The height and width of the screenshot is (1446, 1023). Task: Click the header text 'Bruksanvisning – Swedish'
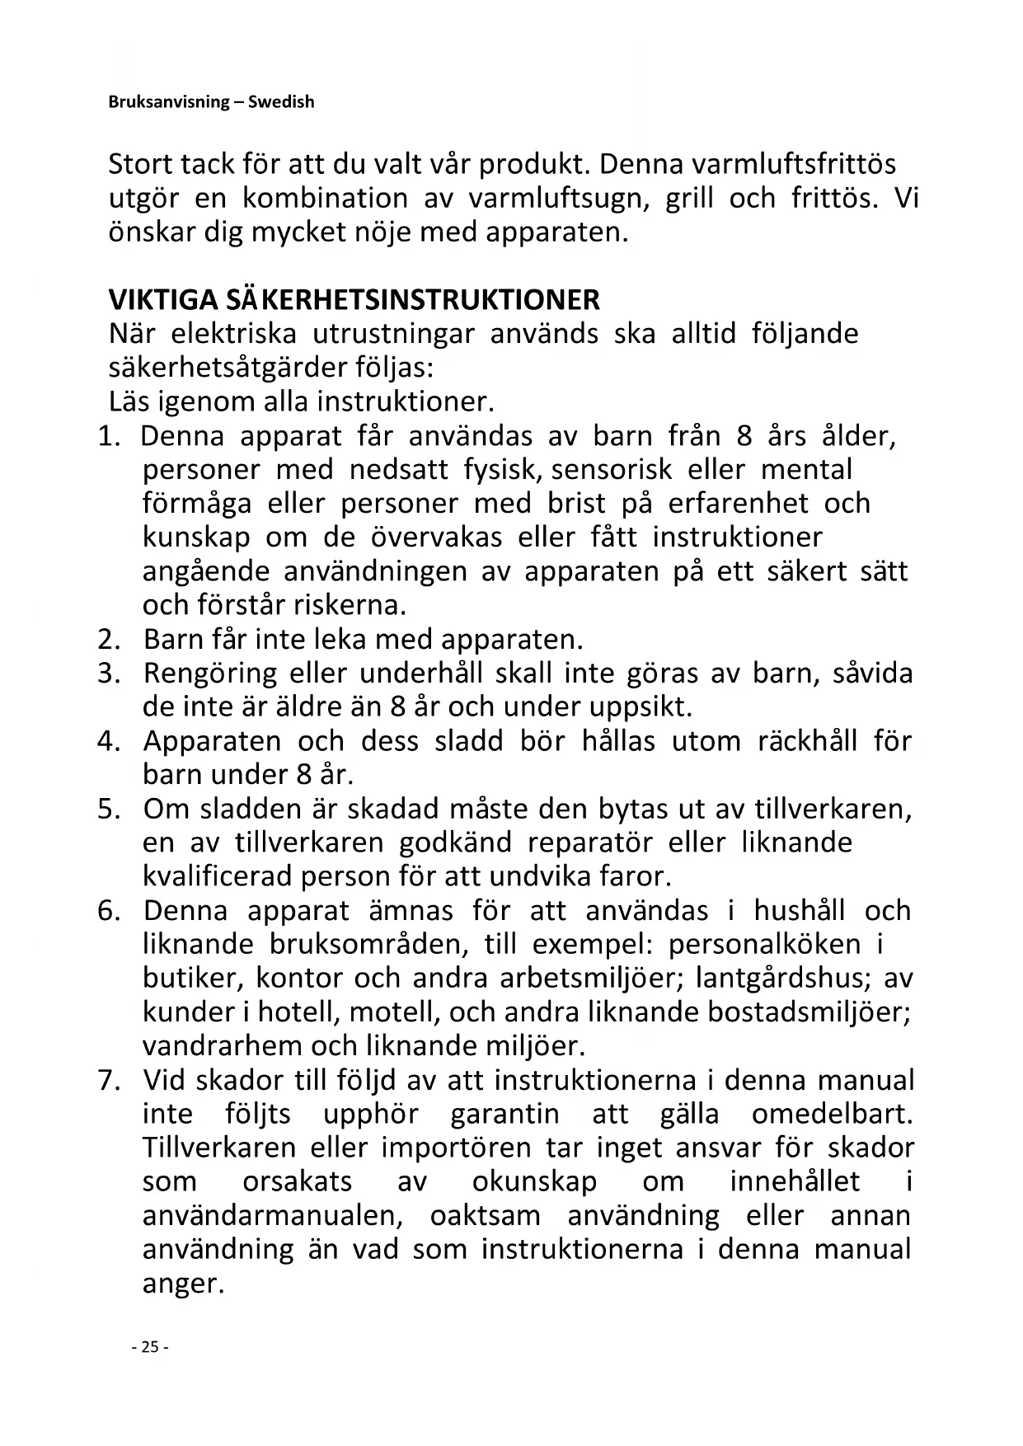211,102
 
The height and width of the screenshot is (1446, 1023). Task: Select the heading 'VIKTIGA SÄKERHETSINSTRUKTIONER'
354,298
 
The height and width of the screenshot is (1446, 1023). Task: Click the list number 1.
109,436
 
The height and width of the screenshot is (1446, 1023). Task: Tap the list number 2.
109,639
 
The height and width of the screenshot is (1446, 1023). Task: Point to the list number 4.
109,741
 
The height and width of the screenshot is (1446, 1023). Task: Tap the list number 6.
109,911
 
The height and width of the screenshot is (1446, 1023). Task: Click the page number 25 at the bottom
149,1348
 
